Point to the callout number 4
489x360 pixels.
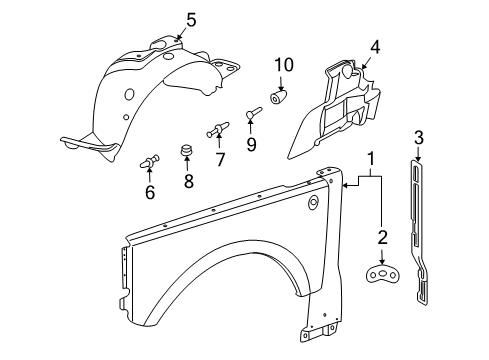tap(375, 46)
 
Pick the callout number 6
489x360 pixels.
tap(150, 192)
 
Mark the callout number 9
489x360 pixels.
tap(251, 144)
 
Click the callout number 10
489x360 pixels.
tap(284, 66)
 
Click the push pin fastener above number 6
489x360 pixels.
tap(150, 159)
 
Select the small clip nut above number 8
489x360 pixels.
tap(186, 152)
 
